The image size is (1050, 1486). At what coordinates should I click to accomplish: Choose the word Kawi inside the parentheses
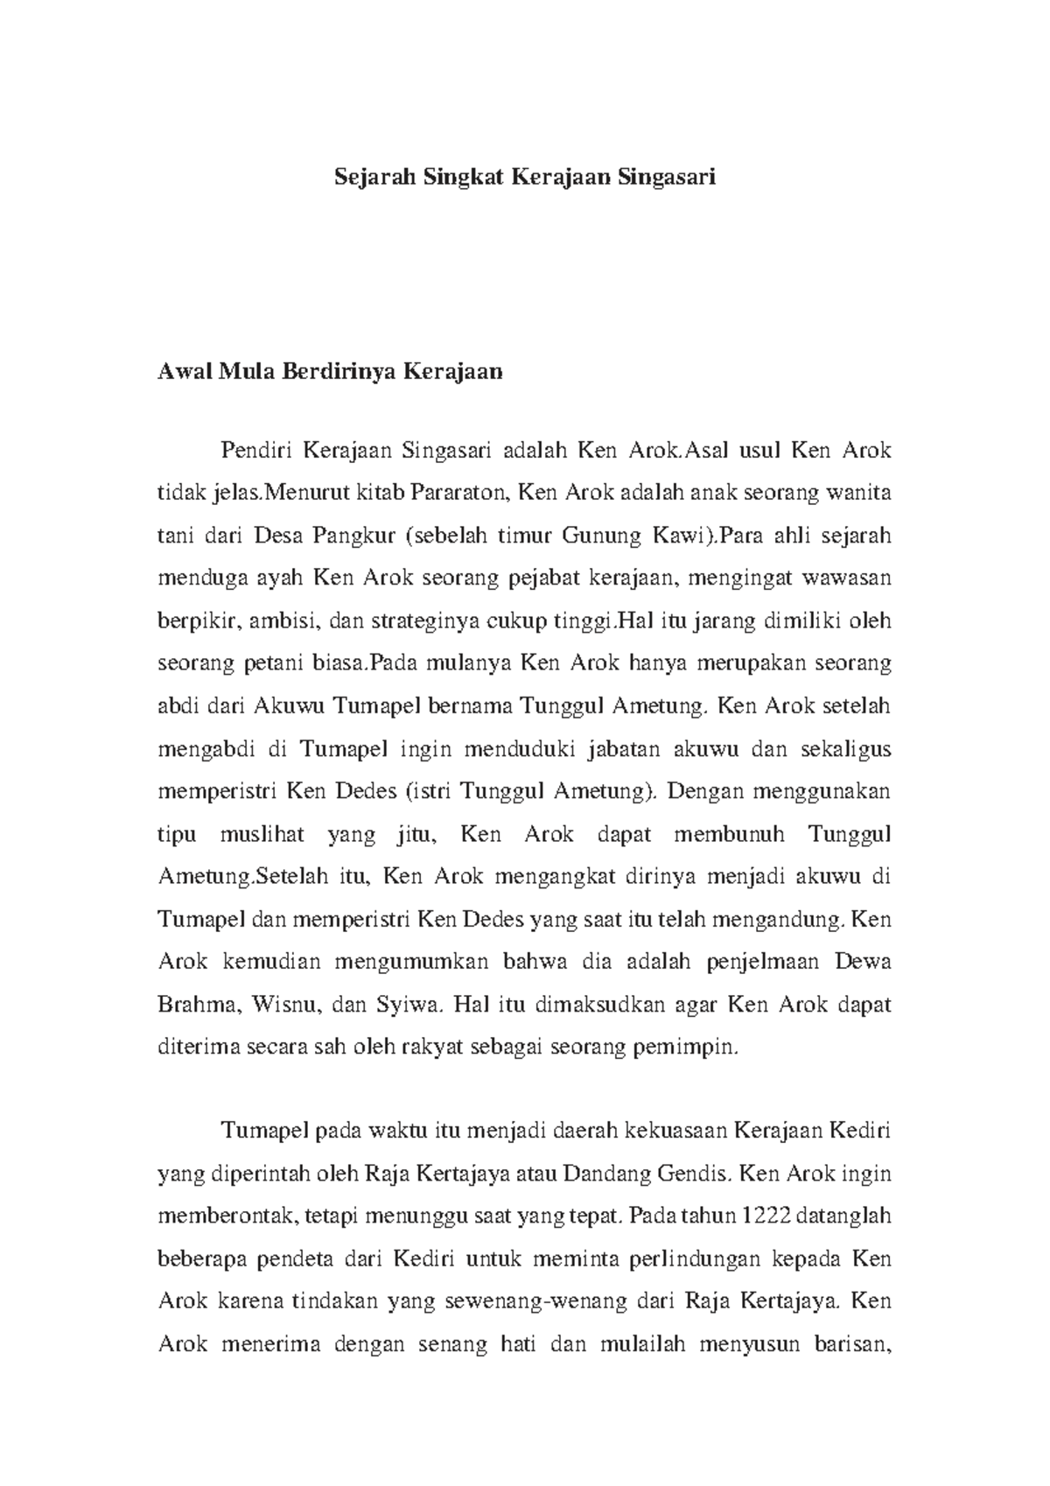[x=678, y=536]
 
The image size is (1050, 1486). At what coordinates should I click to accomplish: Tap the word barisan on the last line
[x=851, y=1343]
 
